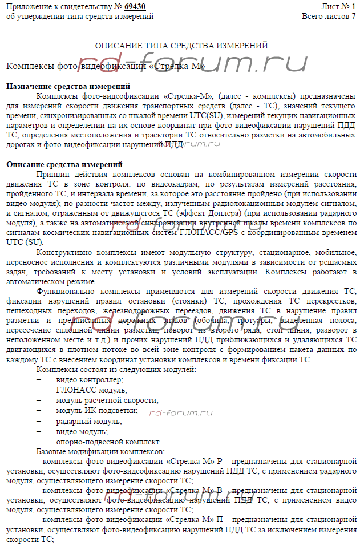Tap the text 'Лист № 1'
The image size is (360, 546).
(338, 6)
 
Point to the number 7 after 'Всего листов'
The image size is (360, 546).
(353, 16)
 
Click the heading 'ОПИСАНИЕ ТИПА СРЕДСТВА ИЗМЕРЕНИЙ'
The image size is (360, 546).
(181, 46)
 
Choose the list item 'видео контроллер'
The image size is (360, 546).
(84, 379)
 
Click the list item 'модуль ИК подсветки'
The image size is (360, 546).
(96, 410)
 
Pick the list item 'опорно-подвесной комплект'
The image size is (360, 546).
(108, 442)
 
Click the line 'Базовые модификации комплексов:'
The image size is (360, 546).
(94, 451)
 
